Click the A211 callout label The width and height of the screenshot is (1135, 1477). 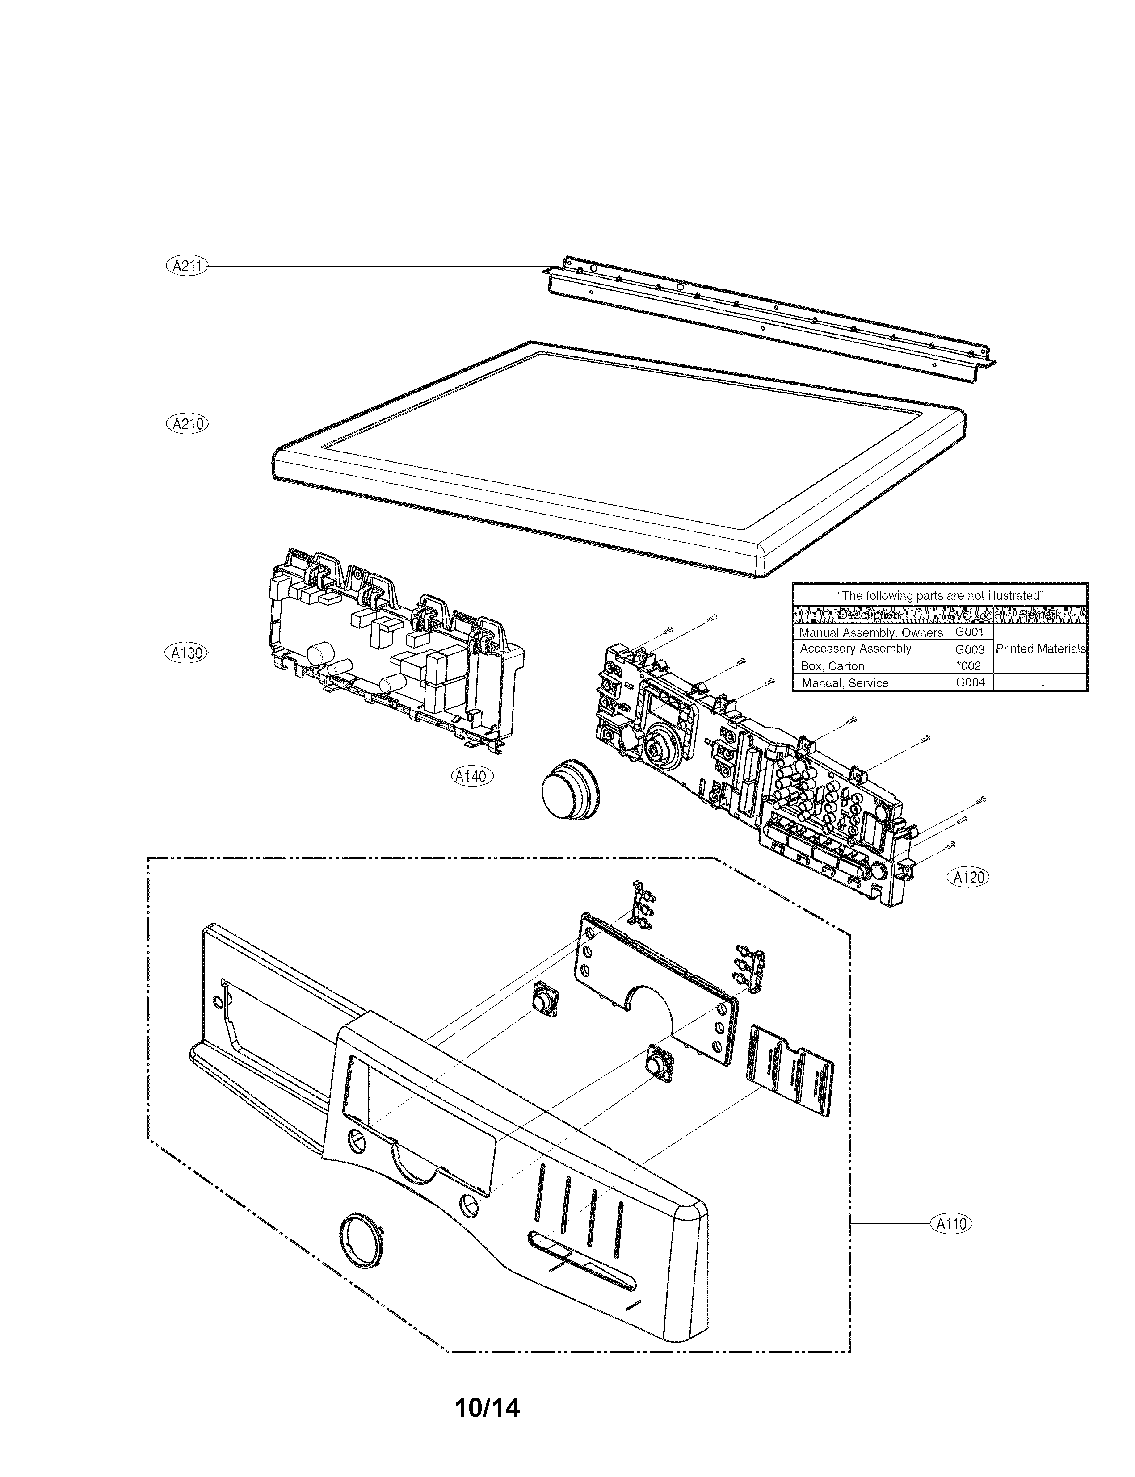[187, 266]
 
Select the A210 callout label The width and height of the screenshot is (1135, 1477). [187, 424]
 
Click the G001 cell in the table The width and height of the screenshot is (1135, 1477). [970, 632]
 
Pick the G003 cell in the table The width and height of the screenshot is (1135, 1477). [970, 649]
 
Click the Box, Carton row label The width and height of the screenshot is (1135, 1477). [832, 666]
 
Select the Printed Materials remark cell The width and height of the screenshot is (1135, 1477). [1040, 649]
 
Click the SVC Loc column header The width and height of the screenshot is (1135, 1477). [970, 615]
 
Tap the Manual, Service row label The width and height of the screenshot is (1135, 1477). [845, 683]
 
